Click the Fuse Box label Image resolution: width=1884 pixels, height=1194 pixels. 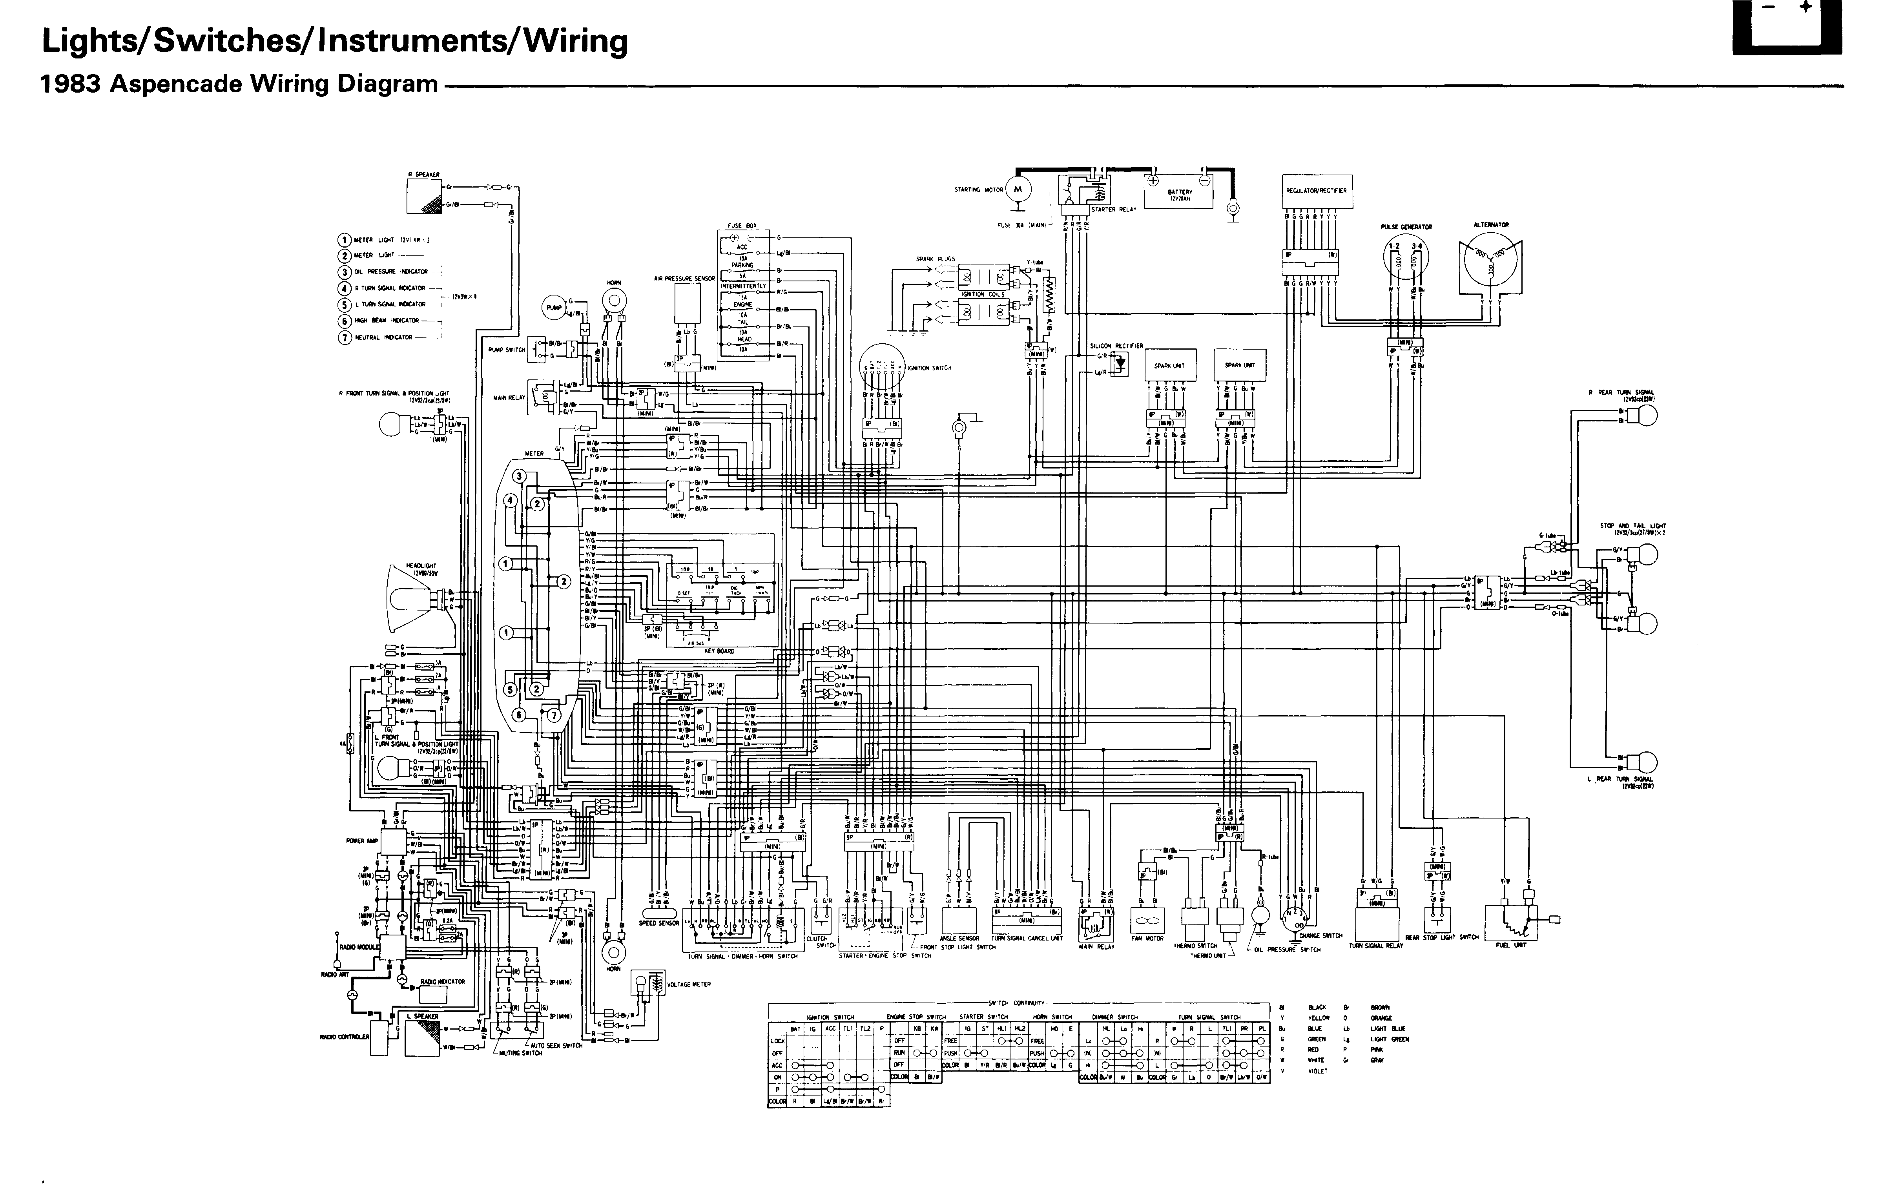pos(742,225)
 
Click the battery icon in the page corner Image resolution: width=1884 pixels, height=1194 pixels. pos(1787,27)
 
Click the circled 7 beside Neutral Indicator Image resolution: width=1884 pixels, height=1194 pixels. pos(344,338)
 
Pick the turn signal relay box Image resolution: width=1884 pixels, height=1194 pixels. pos(1376,923)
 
